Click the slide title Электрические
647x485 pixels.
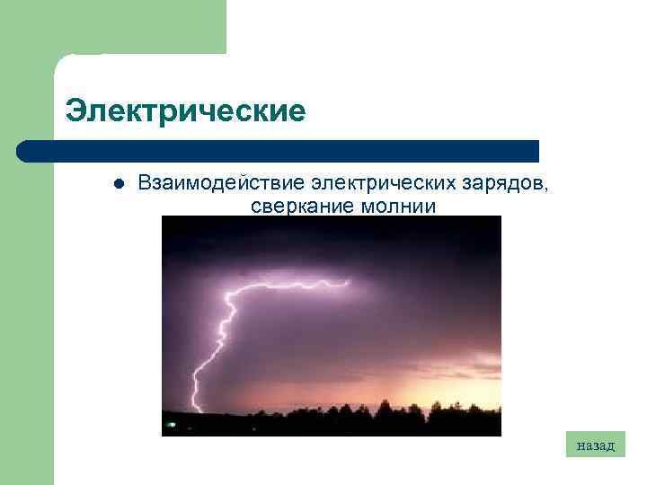click(x=186, y=111)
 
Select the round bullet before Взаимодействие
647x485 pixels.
click(x=118, y=184)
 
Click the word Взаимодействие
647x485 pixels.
click(x=220, y=183)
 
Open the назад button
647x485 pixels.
click(x=596, y=445)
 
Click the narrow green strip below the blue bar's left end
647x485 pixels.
click(x=27, y=323)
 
